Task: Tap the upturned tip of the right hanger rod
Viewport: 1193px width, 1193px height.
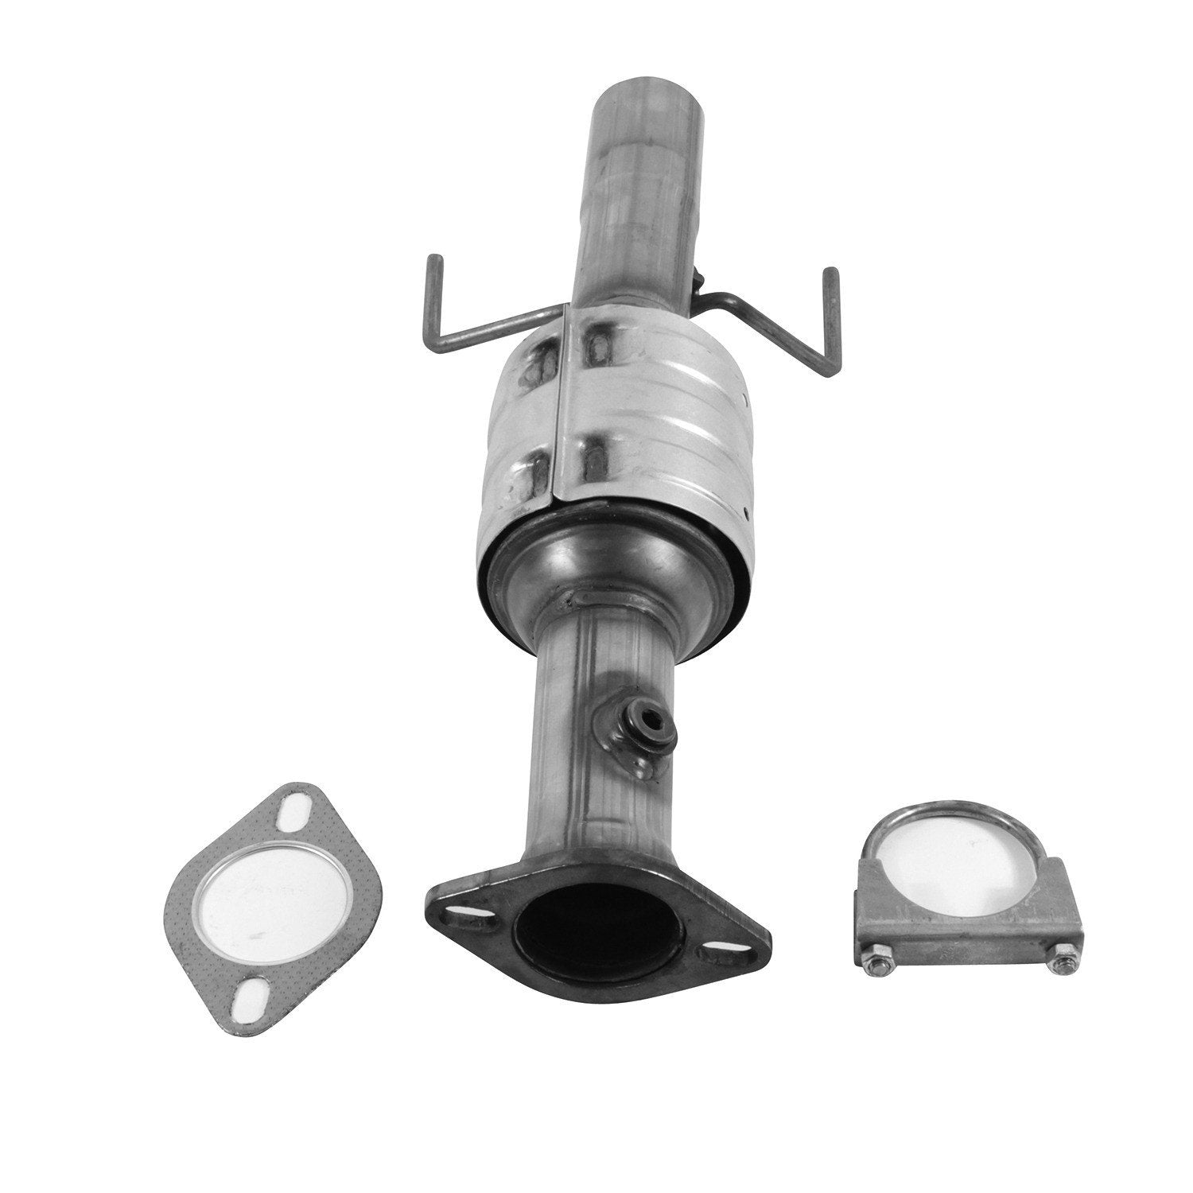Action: (x=831, y=274)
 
